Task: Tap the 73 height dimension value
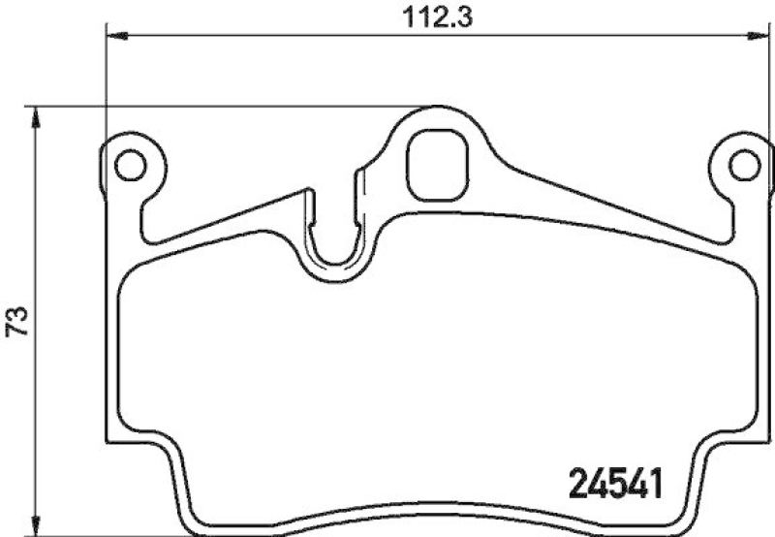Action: point(16,320)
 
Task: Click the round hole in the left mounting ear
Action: point(128,166)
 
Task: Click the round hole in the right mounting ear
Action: point(744,166)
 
